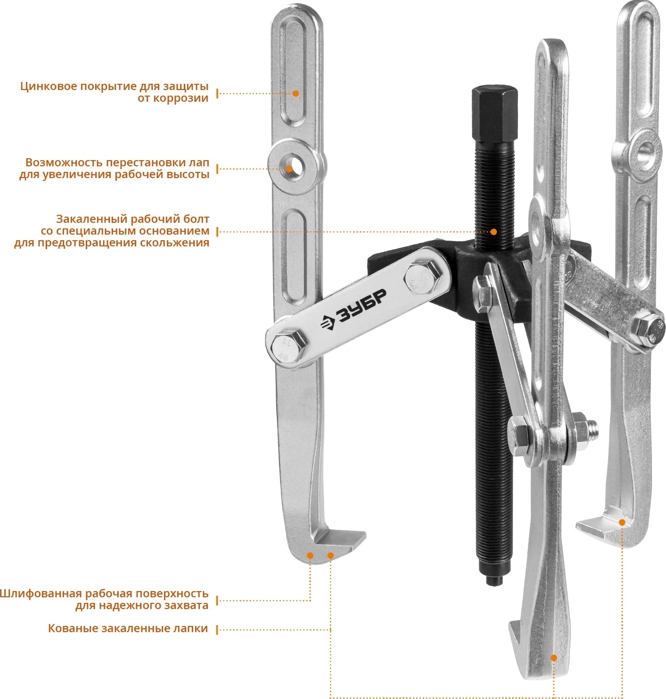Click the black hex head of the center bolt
[494, 113]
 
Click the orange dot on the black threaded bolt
[493, 232]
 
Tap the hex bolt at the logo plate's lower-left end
[289, 346]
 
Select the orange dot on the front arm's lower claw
[553, 658]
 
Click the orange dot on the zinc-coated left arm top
[295, 93]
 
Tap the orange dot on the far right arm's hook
[622, 522]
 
